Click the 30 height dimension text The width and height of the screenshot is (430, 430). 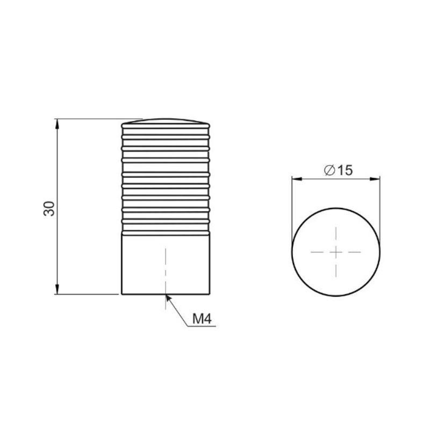click(x=49, y=209)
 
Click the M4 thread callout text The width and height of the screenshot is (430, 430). click(x=202, y=319)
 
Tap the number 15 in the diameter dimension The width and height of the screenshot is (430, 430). click(x=345, y=170)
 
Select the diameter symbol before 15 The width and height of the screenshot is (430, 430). click(x=329, y=170)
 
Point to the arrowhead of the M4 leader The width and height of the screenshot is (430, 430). click(x=168, y=298)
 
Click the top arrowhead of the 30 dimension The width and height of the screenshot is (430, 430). click(x=57, y=124)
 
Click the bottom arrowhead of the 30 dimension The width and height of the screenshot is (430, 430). click(x=57, y=289)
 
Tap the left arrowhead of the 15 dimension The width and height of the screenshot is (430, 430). click(x=297, y=179)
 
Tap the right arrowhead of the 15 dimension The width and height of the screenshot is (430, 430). click(x=375, y=179)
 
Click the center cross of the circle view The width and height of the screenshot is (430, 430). click(x=336, y=252)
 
